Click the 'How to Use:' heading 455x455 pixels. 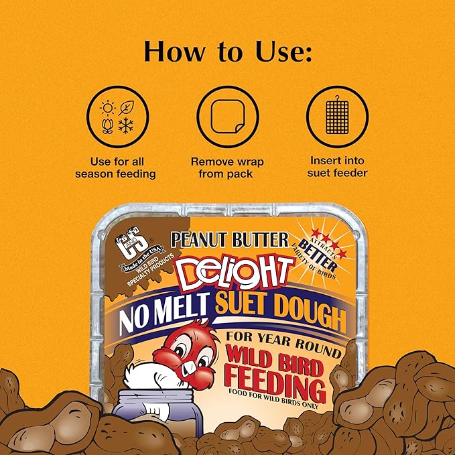227,52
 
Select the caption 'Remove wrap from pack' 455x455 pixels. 227,168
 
